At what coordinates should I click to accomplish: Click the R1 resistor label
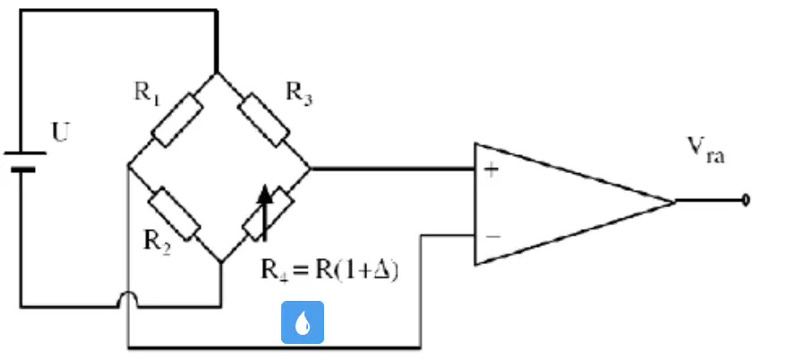click(x=147, y=95)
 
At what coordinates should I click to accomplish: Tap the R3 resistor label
click(x=299, y=94)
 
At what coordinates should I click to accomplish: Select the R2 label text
click(x=158, y=243)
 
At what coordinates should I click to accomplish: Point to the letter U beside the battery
click(x=61, y=133)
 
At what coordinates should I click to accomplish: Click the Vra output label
click(x=707, y=150)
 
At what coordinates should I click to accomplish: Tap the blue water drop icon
click(x=302, y=322)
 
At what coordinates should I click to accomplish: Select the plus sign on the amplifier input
click(x=491, y=170)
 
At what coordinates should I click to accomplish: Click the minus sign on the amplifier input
click(x=492, y=236)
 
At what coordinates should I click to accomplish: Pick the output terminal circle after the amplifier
click(x=746, y=201)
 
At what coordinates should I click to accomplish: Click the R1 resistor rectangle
click(x=177, y=120)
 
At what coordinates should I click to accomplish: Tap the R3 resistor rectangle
click(x=264, y=120)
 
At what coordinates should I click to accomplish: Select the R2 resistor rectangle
click(x=174, y=214)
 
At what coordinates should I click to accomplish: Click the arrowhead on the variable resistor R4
click(x=265, y=194)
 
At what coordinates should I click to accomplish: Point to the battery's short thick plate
click(x=23, y=170)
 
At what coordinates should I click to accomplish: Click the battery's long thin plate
click(x=25, y=153)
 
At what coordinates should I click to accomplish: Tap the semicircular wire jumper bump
click(x=128, y=300)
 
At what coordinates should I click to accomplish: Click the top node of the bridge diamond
click(x=217, y=73)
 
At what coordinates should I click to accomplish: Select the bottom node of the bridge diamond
click(x=221, y=262)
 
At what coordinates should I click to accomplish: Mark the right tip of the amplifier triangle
click(x=675, y=201)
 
